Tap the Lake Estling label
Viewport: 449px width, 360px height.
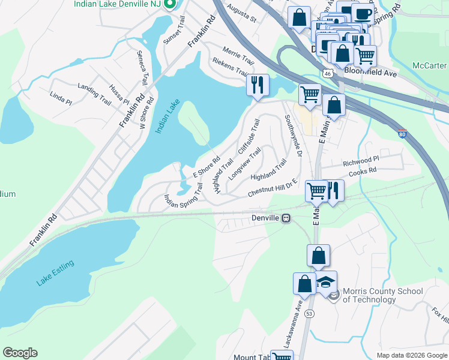[55, 274]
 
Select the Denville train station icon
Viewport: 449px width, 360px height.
[287, 218]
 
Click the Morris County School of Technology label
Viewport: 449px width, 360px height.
[382, 295]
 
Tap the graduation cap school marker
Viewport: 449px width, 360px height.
[326, 283]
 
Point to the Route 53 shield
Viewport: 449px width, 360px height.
[309, 313]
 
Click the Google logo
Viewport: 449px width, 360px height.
[20, 353]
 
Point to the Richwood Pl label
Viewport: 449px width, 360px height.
[361, 160]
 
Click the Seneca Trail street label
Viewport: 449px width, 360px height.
[142, 67]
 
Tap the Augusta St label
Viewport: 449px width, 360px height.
[240, 15]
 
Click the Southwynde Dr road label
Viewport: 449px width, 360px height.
[292, 135]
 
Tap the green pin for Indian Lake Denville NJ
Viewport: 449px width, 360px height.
[170, 5]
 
